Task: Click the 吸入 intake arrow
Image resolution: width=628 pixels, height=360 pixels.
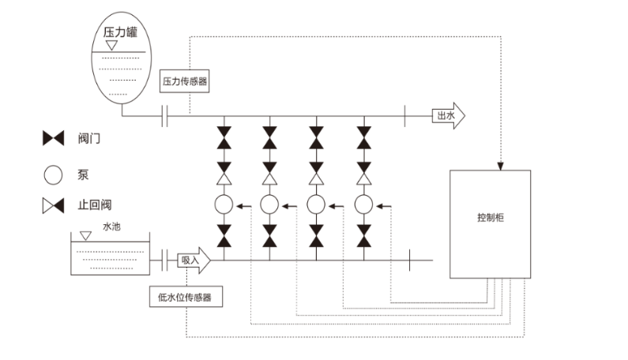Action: click(193, 260)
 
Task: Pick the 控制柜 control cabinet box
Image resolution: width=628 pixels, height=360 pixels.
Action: click(490, 223)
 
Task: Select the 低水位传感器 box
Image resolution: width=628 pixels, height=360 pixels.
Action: click(186, 297)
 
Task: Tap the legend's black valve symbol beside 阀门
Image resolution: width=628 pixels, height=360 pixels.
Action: click(53, 139)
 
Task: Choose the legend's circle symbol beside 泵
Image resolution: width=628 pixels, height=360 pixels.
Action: click(53, 172)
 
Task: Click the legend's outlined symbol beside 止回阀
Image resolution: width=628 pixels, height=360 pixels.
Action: click(53, 206)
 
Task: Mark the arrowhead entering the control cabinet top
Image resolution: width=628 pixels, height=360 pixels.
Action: click(499, 166)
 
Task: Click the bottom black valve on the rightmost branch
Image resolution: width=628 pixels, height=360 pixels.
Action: click(364, 233)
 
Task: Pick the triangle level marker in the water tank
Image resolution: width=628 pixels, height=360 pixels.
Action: click(85, 234)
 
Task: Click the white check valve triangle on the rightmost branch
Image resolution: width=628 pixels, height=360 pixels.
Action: click(364, 181)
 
